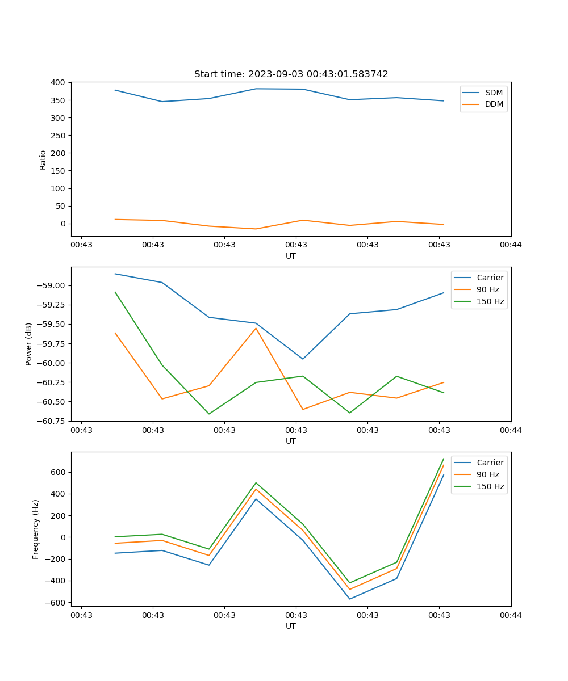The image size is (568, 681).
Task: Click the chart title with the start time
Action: (x=291, y=74)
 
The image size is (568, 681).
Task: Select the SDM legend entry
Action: (x=494, y=92)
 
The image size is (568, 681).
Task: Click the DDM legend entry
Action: (x=494, y=104)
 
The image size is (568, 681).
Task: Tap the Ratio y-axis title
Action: (x=43, y=159)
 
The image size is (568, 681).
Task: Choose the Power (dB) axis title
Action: (x=29, y=344)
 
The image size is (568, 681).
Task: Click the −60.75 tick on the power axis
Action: (x=52, y=421)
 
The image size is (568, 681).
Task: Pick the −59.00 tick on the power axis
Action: (x=52, y=285)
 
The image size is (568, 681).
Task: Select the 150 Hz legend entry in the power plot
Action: (x=490, y=301)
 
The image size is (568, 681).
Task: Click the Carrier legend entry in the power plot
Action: (x=490, y=278)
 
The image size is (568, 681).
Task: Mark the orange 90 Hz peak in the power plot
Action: (x=256, y=328)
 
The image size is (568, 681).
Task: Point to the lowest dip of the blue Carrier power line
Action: (x=303, y=359)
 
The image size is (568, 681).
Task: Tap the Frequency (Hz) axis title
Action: (x=36, y=529)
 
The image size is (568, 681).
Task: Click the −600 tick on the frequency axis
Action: (x=56, y=602)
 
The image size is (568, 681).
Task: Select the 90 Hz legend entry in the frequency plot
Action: (x=487, y=474)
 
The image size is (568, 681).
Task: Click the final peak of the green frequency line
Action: (x=444, y=459)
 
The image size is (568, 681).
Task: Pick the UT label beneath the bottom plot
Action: (x=291, y=626)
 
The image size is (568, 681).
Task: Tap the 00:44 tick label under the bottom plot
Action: (x=511, y=615)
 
